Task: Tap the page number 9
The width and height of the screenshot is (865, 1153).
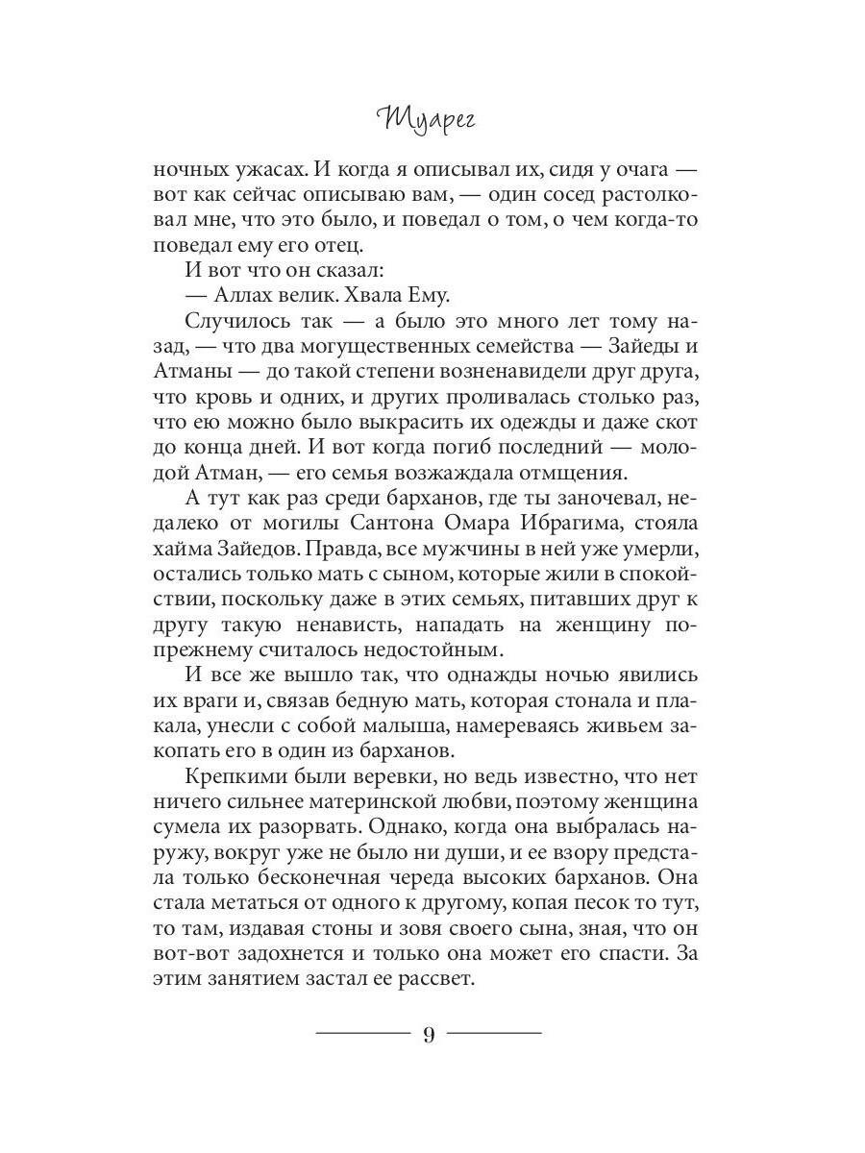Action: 429,1035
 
